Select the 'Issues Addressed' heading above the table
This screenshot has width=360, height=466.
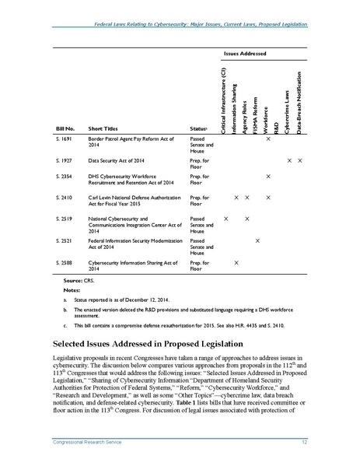pyautogui.click(x=245, y=54)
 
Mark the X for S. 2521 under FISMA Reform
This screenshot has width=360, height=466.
pyautogui.click(x=257, y=242)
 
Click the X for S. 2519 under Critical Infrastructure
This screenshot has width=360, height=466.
pyautogui.click(x=225, y=220)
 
